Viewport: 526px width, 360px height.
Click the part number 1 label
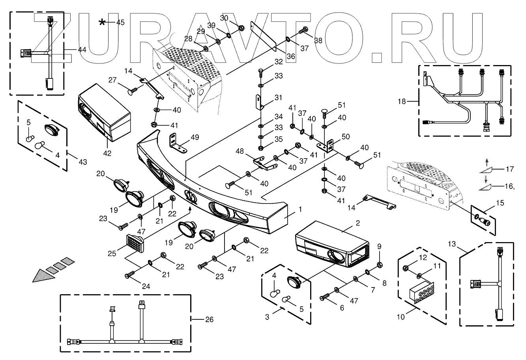point(300,209)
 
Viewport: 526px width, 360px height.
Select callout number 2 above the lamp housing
point(358,223)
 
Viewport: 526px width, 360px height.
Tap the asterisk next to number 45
point(102,22)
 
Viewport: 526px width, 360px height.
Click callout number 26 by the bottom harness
point(209,319)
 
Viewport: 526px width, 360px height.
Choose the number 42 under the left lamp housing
point(108,153)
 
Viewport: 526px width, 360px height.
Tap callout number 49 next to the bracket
point(195,137)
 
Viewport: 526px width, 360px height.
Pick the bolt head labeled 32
point(261,71)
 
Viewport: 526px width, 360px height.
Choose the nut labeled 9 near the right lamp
point(379,264)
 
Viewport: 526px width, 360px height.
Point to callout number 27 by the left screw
point(113,79)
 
